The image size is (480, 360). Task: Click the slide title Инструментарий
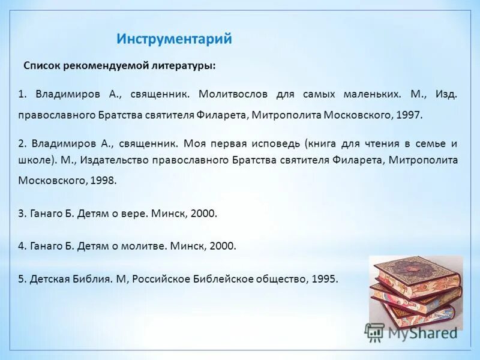click(x=174, y=40)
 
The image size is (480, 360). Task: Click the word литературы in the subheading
click(x=184, y=65)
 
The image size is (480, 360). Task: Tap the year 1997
click(x=409, y=115)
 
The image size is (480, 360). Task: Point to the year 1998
click(x=103, y=179)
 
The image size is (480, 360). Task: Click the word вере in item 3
click(x=134, y=213)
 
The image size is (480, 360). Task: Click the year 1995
click(x=325, y=278)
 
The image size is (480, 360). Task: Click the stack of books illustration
click(x=414, y=288)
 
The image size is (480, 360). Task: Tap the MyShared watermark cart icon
click(x=375, y=331)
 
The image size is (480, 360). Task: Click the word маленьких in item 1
click(x=372, y=94)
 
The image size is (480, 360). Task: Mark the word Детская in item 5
click(x=49, y=278)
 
